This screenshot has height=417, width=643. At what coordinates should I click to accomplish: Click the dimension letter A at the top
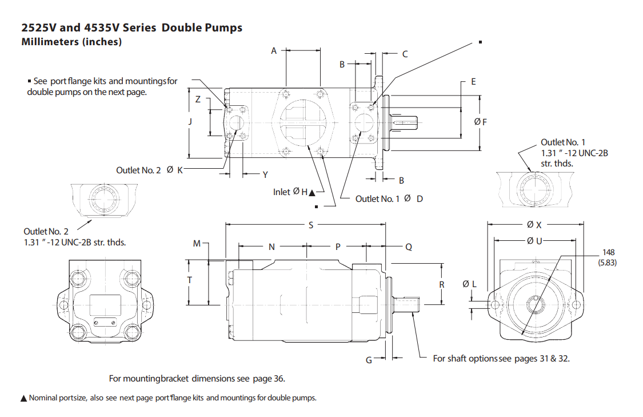click(274, 51)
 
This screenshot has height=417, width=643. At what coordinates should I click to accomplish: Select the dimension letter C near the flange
click(405, 54)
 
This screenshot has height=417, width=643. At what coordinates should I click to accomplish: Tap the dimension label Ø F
click(481, 122)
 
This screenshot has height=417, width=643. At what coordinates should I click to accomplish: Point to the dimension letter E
click(473, 82)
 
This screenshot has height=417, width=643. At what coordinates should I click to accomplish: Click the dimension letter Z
click(198, 99)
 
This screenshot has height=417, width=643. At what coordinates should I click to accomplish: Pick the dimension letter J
click(190, 121)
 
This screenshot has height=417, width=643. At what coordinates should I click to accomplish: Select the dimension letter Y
click(265, 174)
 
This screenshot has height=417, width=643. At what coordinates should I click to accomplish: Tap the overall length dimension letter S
click(311, 225)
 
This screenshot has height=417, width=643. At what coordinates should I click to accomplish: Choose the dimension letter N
click(271, 247)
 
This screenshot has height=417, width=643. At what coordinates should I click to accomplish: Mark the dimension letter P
click(338, 247)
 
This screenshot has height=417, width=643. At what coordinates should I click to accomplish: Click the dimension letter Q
click(409, 247)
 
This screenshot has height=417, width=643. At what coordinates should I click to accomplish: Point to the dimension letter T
click(190, 280)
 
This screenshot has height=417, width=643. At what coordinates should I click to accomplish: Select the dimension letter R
click(442, 284)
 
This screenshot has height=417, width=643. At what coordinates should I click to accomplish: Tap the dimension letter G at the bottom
click(369, 360)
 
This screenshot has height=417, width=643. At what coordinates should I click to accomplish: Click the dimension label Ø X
click(534, 225)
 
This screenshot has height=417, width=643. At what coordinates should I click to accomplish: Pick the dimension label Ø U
click(534, 241)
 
